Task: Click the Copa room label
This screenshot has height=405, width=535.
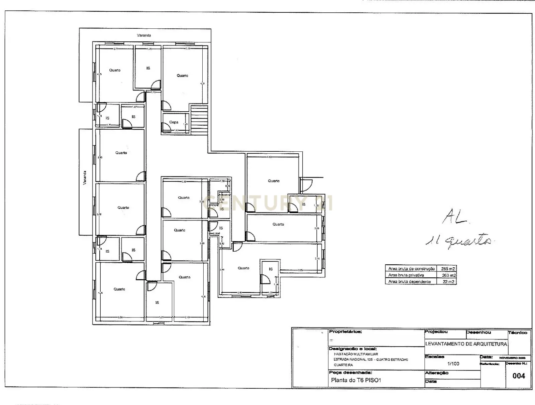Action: [174, 122]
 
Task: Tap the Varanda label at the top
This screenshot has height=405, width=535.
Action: [144, 35]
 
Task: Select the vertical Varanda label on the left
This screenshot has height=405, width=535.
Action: [85, 178]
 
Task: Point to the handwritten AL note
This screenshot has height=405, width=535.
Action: [455, 218]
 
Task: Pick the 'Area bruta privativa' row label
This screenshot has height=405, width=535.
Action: [406, 275]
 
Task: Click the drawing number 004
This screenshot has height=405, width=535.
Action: [519, 376]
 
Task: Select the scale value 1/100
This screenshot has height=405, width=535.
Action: [453, 364]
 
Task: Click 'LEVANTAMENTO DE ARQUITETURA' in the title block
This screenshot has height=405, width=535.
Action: [466, 344]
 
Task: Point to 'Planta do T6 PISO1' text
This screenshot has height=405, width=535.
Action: [356, 380]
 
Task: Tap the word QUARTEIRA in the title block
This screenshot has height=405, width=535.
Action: [343, 365]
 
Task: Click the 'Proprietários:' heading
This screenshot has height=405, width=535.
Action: [345, 332]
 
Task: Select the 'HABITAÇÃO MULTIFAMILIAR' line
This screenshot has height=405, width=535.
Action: [356, 354]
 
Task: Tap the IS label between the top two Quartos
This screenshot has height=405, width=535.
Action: [148, 68]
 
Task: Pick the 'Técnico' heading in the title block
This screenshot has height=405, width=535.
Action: [517, 333]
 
